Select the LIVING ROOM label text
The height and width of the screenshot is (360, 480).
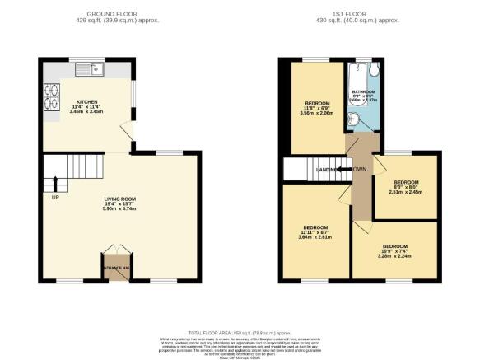119,198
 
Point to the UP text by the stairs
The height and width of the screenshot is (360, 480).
56,198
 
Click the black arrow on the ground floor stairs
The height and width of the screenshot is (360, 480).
56,183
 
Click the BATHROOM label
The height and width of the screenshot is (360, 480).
364,91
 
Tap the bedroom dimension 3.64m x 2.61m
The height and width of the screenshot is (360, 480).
315,237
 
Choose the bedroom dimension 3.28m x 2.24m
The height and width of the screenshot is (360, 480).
395,255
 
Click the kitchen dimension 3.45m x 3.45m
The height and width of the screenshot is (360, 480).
87,110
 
